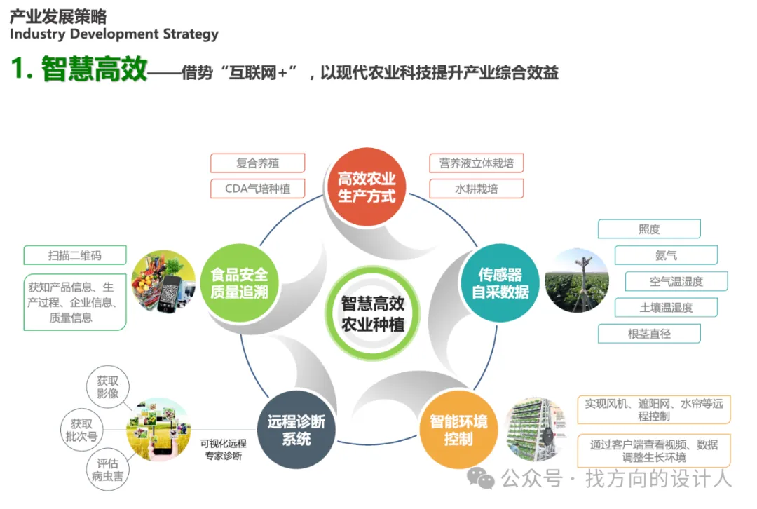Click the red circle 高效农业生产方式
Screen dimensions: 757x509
[367, 187]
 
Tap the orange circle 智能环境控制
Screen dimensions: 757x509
[458, 430]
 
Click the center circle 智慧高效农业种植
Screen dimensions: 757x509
[372, 313]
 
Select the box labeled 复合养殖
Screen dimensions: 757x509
[257, 163]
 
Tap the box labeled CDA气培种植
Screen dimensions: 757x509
[257, 189]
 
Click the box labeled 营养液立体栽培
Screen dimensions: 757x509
[477, 163]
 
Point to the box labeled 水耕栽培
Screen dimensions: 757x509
[477, 189]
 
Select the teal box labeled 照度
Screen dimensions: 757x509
[649, 229]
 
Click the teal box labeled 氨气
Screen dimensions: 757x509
[666, 255]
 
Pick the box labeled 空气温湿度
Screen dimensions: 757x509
[676, 281]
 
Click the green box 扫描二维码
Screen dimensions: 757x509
[75, 255]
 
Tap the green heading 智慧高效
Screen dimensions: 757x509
[94, 70]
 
